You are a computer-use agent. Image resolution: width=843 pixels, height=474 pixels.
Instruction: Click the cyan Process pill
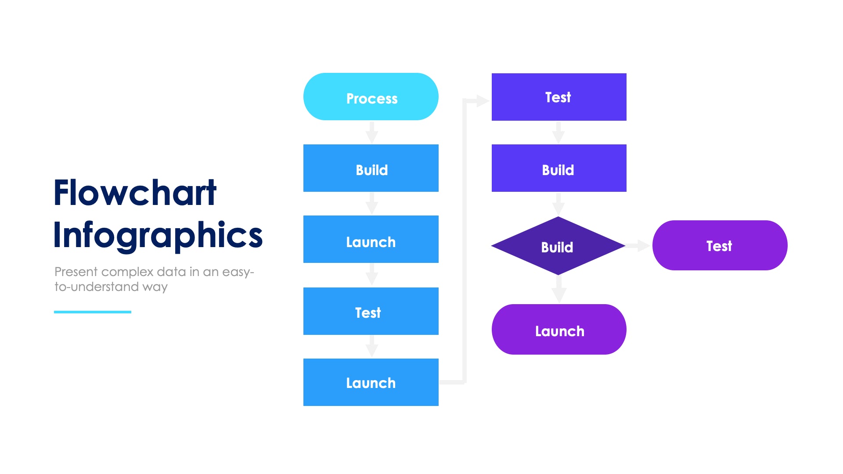371,97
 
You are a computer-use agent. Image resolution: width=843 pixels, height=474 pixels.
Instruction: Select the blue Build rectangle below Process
371,168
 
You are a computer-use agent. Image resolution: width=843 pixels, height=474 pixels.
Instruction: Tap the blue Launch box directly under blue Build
371,239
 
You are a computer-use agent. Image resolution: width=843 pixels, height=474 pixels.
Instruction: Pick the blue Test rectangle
371,311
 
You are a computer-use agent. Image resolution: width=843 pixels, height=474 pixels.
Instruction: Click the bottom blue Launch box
371,382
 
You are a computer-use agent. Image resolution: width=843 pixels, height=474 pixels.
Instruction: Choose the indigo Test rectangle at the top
559,97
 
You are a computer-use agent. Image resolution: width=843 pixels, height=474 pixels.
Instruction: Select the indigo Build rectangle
559,168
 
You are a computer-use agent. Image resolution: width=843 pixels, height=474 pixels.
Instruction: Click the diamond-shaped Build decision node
558,246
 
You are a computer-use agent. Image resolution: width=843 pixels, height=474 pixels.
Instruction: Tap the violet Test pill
720,245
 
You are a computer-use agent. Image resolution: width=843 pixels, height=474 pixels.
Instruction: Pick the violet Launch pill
559,330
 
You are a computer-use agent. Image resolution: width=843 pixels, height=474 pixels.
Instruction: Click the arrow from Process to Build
372,132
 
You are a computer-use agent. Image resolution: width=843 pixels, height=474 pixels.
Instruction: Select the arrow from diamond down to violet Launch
559,290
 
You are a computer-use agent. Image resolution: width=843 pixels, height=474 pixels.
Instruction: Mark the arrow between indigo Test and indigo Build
558,132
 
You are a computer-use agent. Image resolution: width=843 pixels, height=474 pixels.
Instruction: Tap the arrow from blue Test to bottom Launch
372,347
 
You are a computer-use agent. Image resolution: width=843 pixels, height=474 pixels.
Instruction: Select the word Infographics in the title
158,235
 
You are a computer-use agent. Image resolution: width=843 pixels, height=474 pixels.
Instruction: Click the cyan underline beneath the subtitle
93,312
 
